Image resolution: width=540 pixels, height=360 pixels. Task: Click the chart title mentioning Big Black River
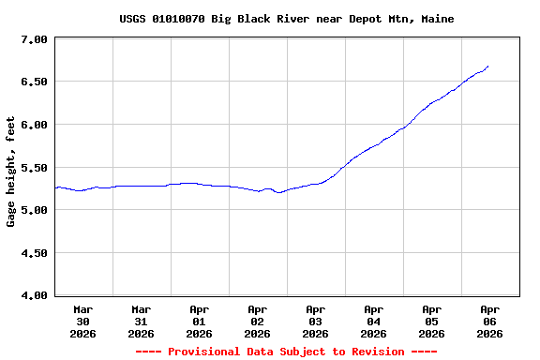click(286, 19)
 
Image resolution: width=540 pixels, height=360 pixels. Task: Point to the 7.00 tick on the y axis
click(34, 39)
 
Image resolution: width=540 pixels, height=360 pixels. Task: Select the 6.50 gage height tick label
click(34, 82)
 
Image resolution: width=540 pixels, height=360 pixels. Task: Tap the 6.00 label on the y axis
click(34, 125)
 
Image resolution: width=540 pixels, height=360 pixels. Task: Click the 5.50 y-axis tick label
click(34, 167)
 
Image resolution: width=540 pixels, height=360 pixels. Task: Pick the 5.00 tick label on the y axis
click(34, 210)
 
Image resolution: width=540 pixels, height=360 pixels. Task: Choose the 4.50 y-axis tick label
click(34, 253)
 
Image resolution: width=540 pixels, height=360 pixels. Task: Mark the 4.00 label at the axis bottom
click(34, 295)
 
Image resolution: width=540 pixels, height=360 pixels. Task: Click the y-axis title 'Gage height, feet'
click(11, 172)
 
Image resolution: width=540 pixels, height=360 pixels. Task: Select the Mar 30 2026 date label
click(83, 321)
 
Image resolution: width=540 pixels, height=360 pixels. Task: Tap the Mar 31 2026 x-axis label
click(142, 321)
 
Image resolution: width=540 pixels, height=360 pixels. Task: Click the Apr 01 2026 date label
click(200, 321)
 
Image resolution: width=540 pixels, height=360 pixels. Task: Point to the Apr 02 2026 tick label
click(258, 321)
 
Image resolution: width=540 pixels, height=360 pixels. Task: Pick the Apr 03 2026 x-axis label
click(316, 321)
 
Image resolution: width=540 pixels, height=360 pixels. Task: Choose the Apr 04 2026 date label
click(374, 321)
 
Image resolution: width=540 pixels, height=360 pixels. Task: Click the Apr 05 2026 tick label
click(432, 321)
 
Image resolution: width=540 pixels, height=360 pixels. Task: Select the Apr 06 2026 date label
click(489, 321)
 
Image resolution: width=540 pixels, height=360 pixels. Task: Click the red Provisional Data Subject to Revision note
click(286, 352)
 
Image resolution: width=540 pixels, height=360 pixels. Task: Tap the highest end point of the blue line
click(487, 67)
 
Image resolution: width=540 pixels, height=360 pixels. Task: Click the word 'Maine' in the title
click(437, 19)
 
